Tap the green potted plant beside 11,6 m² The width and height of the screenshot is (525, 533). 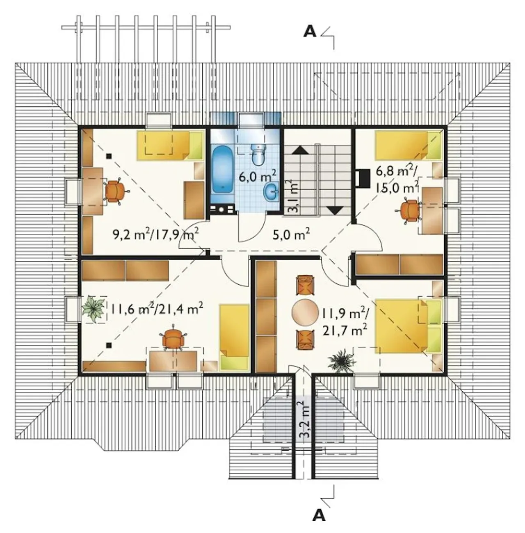94,309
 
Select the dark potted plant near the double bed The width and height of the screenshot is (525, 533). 341,360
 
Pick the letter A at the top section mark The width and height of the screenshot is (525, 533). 310,32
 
